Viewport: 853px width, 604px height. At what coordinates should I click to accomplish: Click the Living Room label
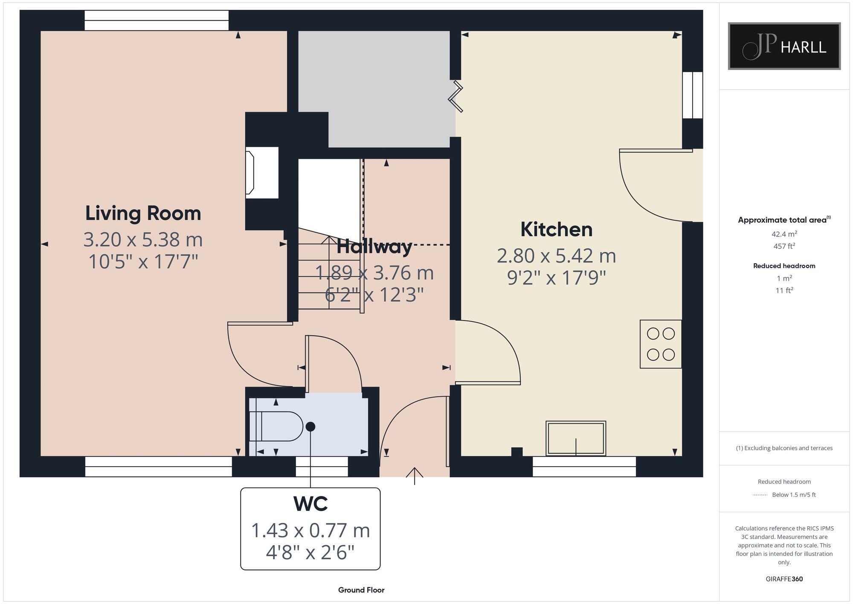(x=143, y=213)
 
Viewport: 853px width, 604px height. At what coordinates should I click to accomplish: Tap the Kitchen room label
(x=556, y=230)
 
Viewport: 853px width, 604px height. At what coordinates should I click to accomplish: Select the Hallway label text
(x=374, y=247)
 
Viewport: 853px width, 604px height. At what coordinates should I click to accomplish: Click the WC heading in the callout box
(x=310, y=504)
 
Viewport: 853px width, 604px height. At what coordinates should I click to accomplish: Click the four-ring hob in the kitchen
(x=660, y=344)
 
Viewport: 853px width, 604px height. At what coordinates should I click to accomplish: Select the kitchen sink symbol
(x=575, y=438)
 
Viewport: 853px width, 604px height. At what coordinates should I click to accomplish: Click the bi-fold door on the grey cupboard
(x=456, y=97)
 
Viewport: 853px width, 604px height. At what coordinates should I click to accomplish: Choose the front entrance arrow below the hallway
(x=414, y=475)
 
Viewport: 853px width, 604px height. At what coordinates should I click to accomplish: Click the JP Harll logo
(x=784, y=46)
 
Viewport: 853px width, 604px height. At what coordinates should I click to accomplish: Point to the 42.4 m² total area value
(x=784, y=234)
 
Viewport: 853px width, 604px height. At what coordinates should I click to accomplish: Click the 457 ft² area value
(x=784, y=246)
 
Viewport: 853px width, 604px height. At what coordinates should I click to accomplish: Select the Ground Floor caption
(x=361, y=590)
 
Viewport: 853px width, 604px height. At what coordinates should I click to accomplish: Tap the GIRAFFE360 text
(x=784, y=579)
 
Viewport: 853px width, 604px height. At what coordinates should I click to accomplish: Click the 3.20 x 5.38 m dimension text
(x=143, y=239)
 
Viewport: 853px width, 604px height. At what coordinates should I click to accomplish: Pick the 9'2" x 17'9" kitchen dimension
(x=556, y=278)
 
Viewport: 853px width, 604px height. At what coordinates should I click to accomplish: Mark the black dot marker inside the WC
(x=310, y=426)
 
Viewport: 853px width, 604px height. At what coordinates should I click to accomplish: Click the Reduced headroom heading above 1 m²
(x=784, y=266)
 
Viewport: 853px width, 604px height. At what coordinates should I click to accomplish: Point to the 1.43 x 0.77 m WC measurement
(x=310, y=531)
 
